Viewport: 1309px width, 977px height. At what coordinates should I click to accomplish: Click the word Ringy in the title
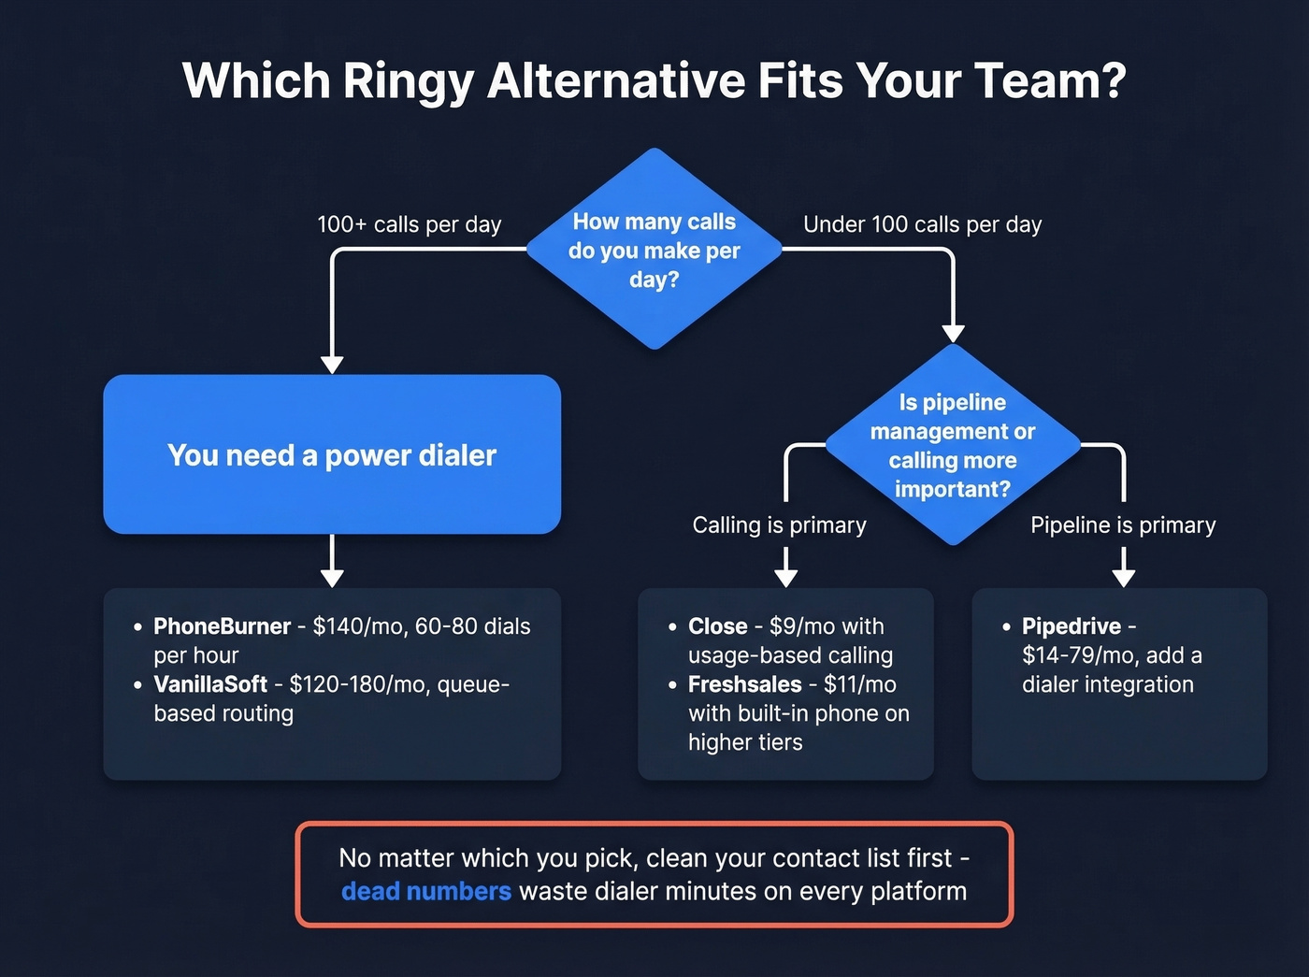408,81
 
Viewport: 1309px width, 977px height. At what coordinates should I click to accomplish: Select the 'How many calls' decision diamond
654,250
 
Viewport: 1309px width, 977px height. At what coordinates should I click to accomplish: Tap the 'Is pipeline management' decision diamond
952,445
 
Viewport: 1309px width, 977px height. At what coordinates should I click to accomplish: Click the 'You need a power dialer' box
332,454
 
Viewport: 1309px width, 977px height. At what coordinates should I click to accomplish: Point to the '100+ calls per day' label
409,224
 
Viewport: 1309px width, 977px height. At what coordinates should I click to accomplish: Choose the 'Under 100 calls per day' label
922,224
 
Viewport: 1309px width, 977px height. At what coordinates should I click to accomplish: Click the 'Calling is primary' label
779,525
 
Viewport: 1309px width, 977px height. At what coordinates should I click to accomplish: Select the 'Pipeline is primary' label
1122,525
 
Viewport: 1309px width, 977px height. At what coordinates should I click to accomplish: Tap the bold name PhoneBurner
222,626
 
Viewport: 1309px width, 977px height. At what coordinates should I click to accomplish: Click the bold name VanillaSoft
210,684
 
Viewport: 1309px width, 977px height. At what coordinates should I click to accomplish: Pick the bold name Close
717,626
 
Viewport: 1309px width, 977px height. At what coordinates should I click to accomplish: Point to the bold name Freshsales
744,684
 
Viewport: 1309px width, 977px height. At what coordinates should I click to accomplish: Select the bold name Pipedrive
1071,626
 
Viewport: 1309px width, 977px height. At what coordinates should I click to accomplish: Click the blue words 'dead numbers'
426,891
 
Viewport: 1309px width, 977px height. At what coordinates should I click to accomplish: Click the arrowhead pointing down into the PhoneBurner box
332,577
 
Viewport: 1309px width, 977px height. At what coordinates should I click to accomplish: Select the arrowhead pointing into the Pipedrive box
1123,577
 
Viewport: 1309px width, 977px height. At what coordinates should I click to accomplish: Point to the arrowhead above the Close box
785,577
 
